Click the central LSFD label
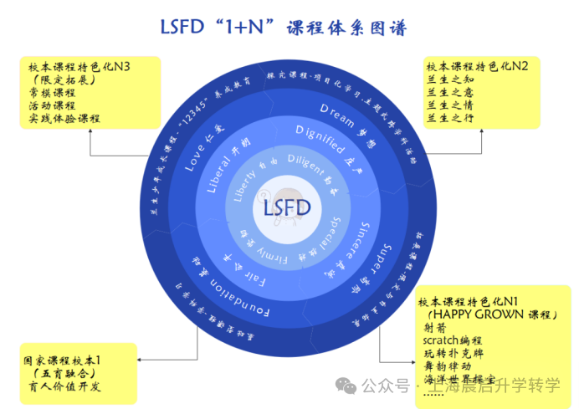coord(287,207)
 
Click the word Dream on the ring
coord(337,112)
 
